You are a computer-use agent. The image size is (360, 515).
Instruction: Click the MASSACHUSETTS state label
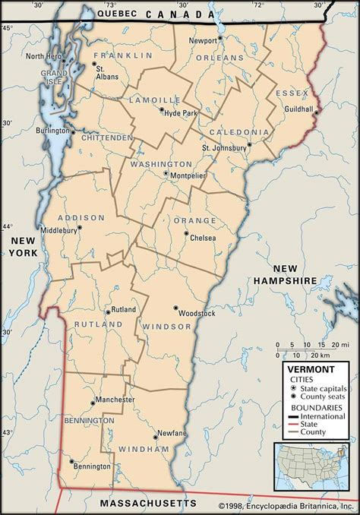147,504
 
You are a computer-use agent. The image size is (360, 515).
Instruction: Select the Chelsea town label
202,238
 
